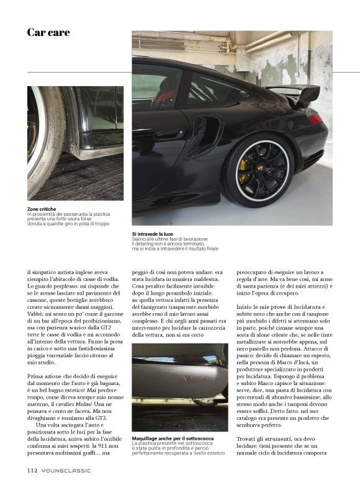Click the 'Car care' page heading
point(48,32)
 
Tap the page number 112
point(32,470)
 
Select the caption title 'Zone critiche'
point(41,210)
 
